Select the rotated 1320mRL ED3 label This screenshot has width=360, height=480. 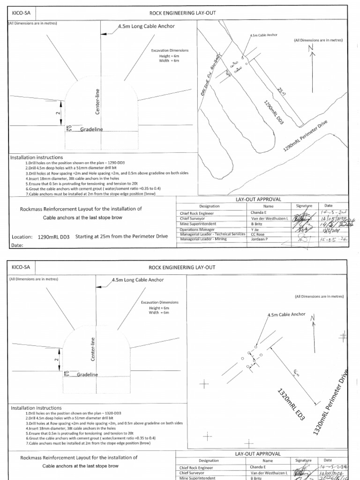pos(291,404)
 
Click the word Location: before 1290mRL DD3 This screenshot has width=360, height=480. pos(22,237)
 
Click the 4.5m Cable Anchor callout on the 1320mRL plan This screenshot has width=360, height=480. pos(286,315)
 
